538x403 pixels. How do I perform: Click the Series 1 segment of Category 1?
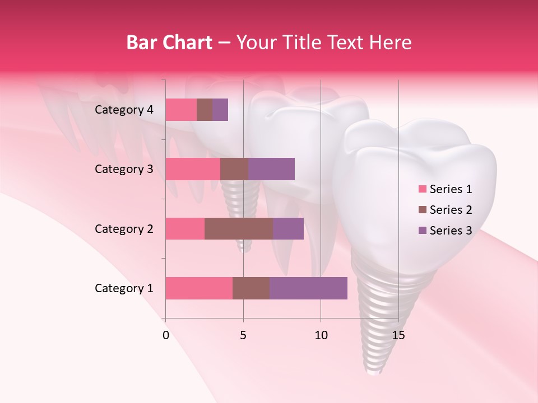pos(199,288)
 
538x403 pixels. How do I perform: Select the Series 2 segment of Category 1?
pos(251,288)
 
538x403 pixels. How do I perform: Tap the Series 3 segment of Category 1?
pos(308,288)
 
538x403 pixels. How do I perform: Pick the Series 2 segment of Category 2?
pos(239,228)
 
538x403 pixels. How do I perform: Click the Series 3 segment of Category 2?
pos(288,228)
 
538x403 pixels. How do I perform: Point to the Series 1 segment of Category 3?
pos(193,169)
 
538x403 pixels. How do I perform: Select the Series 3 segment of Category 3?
pos(271,169)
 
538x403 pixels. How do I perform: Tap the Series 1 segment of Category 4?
pos(181,110)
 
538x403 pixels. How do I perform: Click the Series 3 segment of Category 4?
pos(220,110)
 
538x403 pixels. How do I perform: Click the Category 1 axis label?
pos(124,288)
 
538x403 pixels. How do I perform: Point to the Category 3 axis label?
pos(124,169)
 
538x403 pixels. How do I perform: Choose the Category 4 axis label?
pos(124,110)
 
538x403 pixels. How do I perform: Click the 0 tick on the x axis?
pos(166,336)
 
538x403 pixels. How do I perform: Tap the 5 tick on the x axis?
pos(243,336)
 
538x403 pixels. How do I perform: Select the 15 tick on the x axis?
pos(398,336)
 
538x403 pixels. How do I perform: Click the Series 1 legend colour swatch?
pos(422,189)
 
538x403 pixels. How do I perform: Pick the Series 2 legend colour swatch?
pos(422,210)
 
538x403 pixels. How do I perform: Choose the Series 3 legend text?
pos(451,231)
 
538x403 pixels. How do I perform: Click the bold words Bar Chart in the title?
pos(169,43)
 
